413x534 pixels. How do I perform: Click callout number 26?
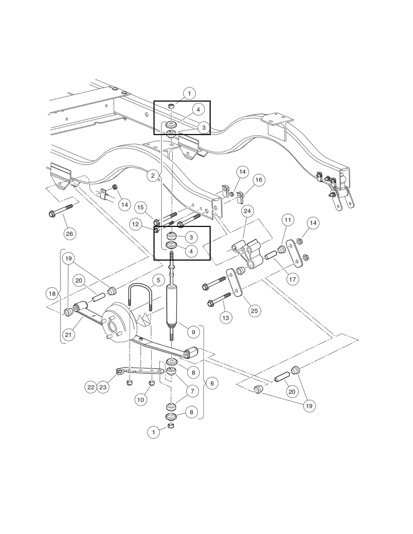pyautogui.click(x=69, y=234)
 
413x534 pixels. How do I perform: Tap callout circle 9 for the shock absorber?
pyautogui.click(x=193, y=332)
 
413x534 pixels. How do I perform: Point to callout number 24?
pyautogui.click(x=247, y=211)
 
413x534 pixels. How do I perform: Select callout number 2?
pyautogui.click(x=153, y=175)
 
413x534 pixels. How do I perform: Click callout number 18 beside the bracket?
pyautogui.click(x=52, y=293)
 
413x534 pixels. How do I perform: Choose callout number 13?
pyautogui.click(x=225, y=318)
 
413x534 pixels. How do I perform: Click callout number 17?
pyautogui.click(x=292, y=279)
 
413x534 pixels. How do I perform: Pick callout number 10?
pyautogui.click(x=141, y=400)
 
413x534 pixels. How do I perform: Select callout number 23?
pyautogui.click(x=103, y=387)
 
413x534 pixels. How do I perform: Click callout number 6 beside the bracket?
pyautogui.click(x=212, y=383)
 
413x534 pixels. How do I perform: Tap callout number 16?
pyautogui.click(x=259, y=180)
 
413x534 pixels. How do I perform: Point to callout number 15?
pyautogui.click(x=140, y=207)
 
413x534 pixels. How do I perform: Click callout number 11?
pyautogui.click(x=288, y=220)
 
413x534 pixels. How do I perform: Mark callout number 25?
pyautogui.click(x=254, y=311)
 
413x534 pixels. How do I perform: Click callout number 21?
pyautogui.click(x=68, y=335)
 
